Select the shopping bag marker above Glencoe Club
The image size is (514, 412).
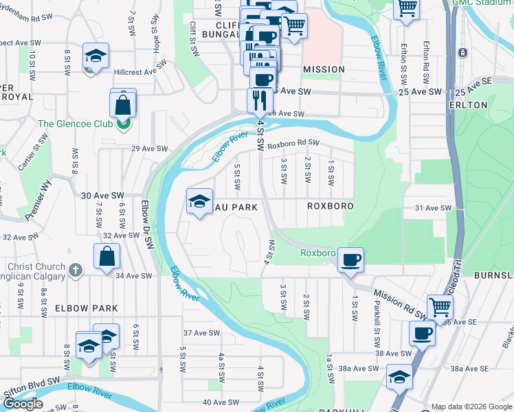tap(123, 105)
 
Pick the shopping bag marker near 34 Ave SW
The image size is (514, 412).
tap(109, 257)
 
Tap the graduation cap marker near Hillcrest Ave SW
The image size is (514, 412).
tap(96, 56)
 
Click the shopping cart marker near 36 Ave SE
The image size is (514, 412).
tap(440, 307)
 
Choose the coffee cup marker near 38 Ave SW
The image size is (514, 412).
tap(422, 334)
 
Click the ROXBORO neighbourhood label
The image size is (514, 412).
tap(330, 206)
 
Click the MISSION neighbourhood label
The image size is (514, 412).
tap(324, 69)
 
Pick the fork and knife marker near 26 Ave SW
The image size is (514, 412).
tap(260, 99)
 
